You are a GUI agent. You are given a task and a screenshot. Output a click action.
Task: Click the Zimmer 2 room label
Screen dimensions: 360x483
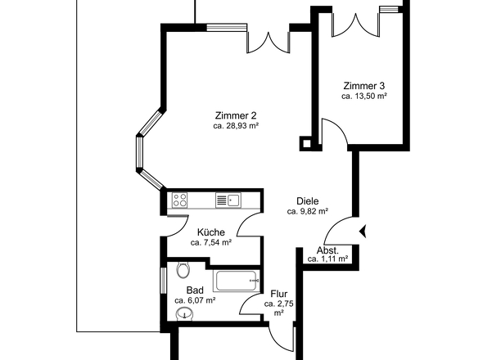pyautogui.click(x=236, y=115)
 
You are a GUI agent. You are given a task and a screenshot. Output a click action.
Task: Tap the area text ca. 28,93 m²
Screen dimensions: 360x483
pyautogui.click(x=236, y=126)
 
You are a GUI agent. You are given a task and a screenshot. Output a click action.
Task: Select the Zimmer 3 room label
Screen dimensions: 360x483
pyautogui.click(x=363, y=85)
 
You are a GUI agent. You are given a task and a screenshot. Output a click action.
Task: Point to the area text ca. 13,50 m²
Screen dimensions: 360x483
pyautogui.click(x=363, y=96)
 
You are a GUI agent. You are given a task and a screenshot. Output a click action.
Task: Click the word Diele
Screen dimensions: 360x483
pyautogui.click(x=307, y=200)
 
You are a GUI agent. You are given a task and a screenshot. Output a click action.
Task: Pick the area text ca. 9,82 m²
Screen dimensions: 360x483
pyautogui.click(x=307, y=211)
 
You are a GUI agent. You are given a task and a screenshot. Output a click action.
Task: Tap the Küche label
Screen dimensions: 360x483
pyautogui.click(x=210, y=232)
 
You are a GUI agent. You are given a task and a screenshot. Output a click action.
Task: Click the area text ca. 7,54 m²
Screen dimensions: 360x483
pyautogui.click(x=210, y=242)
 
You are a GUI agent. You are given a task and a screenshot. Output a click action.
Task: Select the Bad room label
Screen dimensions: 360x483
pyautogui.click(x=194, y=290)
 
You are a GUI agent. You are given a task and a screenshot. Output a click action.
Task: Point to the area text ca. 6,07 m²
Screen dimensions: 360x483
pyautogui.click(x=194, y=300)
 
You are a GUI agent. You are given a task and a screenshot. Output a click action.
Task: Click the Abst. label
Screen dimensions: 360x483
pyautogui.click(x=327, y=250)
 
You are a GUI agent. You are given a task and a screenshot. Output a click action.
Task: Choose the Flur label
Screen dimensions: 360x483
pyautogui.click(x=278, y=293)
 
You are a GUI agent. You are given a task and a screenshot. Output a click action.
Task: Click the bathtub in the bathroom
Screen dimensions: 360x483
pyautogui.click(x=237, y=281)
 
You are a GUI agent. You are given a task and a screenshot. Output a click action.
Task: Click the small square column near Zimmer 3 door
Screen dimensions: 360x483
pyautogui.click(x=307, y=143)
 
